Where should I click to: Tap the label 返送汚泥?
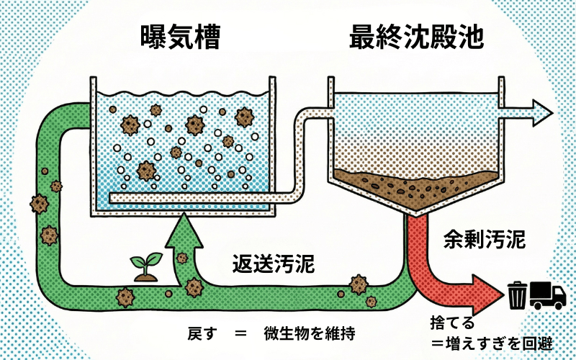[x=273, y=264]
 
